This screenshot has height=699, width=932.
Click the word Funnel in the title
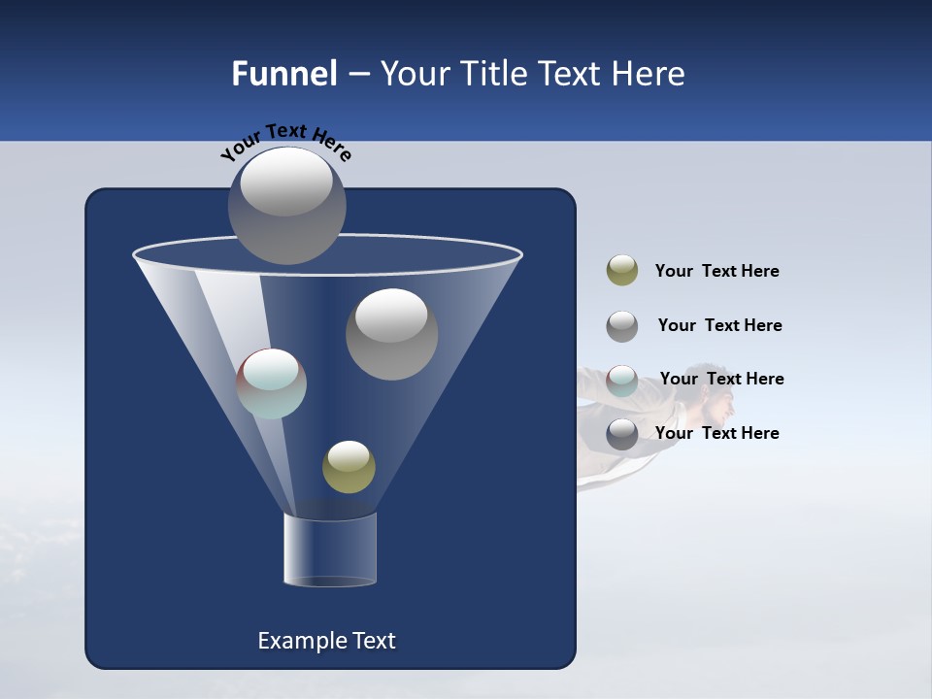coord(283,74)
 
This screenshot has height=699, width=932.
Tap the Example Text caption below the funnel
coord(326,641)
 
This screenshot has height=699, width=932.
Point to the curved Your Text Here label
coord(285,142)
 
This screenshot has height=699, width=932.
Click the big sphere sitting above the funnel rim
coord(286,205)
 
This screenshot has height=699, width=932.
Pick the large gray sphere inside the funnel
coord(391,334)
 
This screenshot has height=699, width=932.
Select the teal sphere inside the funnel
coord(272,383)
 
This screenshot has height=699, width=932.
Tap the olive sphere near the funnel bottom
coord(349,467)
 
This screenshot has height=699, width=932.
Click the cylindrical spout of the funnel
coord(330,549)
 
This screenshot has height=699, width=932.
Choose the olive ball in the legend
coord(622,271)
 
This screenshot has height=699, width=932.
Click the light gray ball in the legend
coord(622,326)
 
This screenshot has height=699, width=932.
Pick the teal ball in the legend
coord(622,381)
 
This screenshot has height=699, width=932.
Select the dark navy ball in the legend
coord(622,434)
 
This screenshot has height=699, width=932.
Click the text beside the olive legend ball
coord(716,272)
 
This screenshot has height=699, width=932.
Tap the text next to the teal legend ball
coord(721,380)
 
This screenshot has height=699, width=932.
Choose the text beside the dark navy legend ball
coord(716,433)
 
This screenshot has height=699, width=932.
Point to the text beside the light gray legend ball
coord(719,326)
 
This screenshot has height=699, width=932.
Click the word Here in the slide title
coord(649,74)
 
